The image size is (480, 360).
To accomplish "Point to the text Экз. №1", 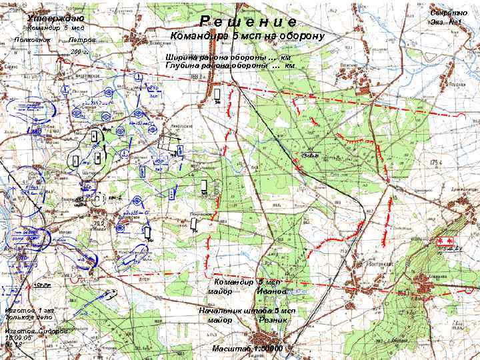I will point(447,23).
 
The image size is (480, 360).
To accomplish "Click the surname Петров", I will point(82,40).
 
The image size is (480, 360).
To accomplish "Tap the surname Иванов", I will point(271,291).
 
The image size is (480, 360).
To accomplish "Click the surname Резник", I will point(273,320).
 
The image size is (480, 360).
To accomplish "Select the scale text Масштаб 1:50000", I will point(247,349).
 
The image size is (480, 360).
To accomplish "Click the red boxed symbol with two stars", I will point(443,241).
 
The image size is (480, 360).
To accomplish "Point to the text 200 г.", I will point(79,51).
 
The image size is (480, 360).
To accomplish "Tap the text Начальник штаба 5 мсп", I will point(247,311).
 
